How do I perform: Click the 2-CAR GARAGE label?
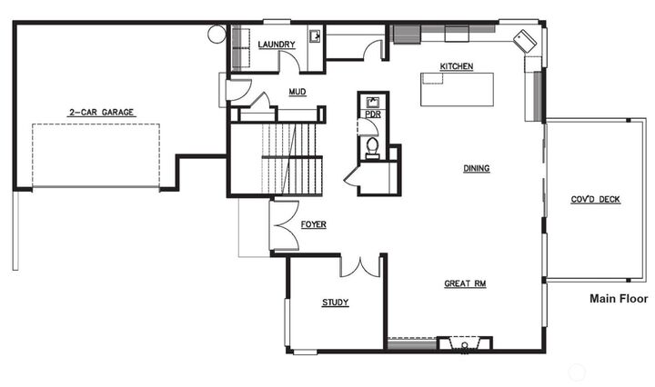(x=101, y=113)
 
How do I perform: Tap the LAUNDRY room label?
(x=277, y=45)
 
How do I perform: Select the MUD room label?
(x=297, y=92)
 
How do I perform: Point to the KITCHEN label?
(x=456, y=66)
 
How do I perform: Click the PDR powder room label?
(x=372, y=115)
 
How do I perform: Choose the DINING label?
(x=477, y=168)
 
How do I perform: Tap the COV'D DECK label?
(x=596, y=199)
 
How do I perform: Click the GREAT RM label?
(x=465, y=284)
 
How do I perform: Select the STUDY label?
(x=335, y=303)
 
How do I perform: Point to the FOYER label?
(x=313, y=224)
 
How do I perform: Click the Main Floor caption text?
(x=619, y=298)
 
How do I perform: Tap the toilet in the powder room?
(x=372, y=147)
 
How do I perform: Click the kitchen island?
(x=457, y=89)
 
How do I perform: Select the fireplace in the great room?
(x=464, y=344)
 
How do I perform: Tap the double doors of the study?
(x=359, y=266)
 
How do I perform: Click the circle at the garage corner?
(x=217, y=35)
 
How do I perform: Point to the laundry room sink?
(x=315, y=36)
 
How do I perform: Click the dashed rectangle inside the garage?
(x=96, y=155)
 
